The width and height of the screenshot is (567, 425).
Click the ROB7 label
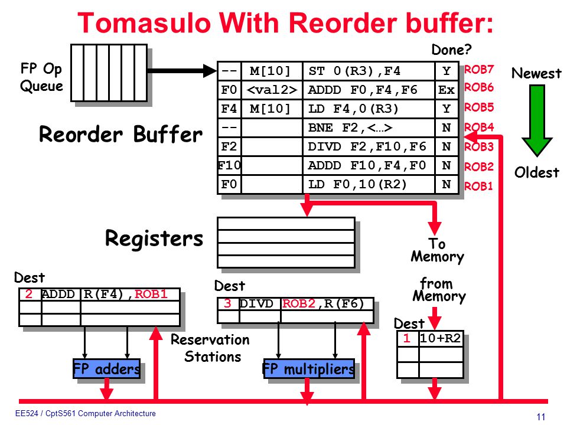(x=479, y=69)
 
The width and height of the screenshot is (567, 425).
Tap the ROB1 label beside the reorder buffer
(x=478, y=186)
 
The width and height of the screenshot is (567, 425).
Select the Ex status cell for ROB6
(x=447, y=90)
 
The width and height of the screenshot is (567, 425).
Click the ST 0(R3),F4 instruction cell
(x=369, y=71)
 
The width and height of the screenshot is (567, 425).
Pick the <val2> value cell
(x=272, y=90)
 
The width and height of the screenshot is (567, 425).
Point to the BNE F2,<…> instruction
(x=350, y=127)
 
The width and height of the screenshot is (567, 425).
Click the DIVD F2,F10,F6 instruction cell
(x=369, y=147)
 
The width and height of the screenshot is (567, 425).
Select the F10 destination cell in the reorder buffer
(x=229, y=165)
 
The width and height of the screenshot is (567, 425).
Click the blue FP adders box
(x=107, y=368)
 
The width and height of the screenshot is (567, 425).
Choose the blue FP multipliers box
(x=309, y=368)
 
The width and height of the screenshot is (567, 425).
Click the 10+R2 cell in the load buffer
(x=441, y=339)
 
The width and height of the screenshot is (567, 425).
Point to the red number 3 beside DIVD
(x=227, y=303)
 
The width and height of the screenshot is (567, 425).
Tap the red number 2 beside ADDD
(x=28, y=294)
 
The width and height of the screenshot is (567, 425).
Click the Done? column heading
(x=452, y=50)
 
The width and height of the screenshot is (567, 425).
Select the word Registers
(x=154, y=238)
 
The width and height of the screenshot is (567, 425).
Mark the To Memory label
(x=437, y=250)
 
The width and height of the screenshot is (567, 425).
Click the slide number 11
(x=541, y=417)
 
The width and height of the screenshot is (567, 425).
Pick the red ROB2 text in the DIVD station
(x=299, y=303)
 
